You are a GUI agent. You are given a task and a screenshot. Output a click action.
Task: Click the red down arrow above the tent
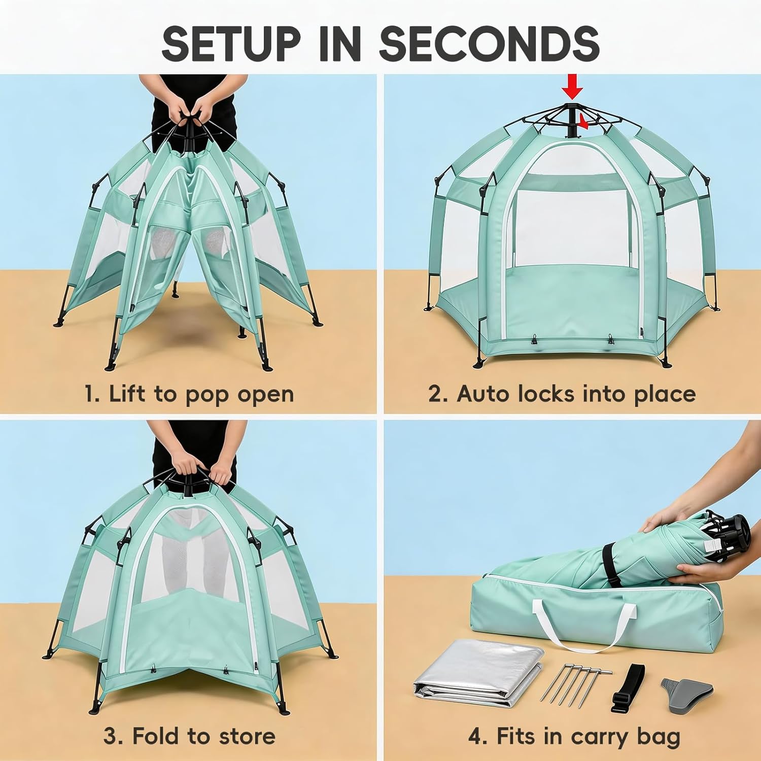(573, 86)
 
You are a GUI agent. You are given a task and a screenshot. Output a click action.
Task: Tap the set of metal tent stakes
(576, 682)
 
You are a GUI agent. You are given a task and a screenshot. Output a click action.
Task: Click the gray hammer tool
(687, 690)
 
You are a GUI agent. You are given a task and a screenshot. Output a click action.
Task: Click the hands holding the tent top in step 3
(195, 469)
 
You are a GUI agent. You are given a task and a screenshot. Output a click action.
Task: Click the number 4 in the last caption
(477, 736)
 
